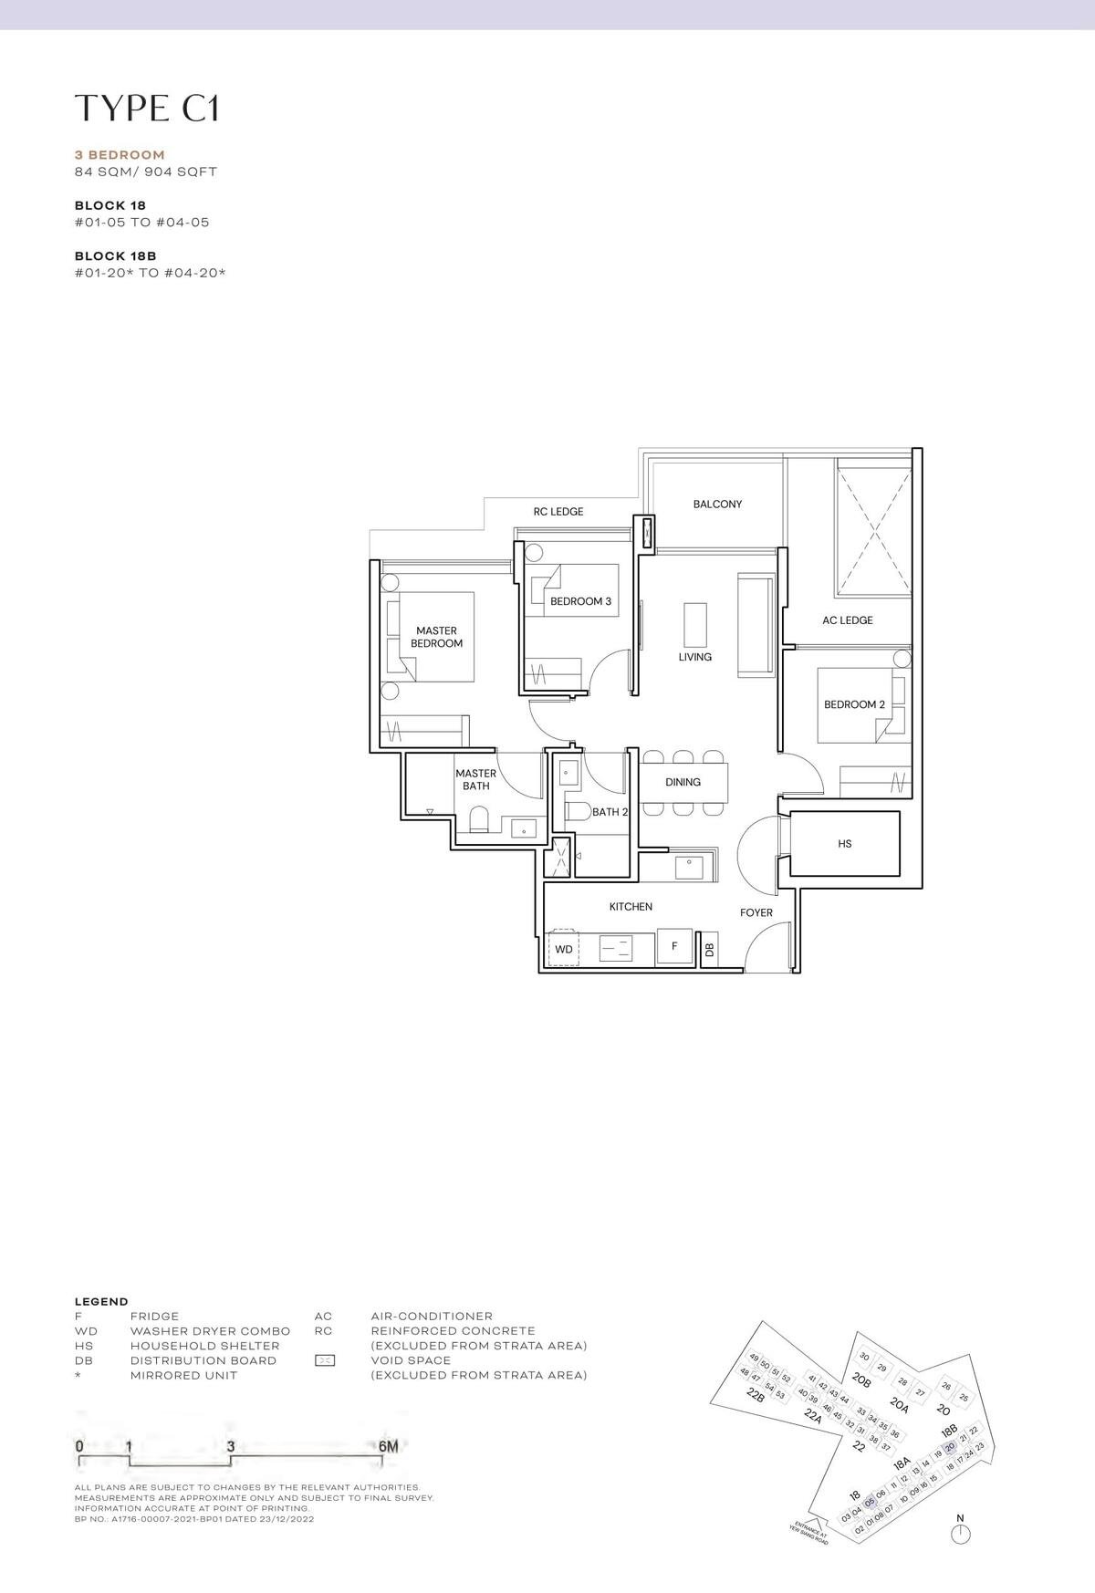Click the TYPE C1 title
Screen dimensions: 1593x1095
(147, 108)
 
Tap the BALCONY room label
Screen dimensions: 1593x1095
(717, 504)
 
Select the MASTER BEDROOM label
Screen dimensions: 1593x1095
(436, 637)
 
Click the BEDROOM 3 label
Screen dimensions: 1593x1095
(580, 601)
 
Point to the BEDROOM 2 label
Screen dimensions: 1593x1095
(854, 704)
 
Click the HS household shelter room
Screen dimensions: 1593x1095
(844, 844)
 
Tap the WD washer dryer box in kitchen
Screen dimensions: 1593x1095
(564, 949)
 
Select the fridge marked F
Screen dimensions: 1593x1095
(674, 946)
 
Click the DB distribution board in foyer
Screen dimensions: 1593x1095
(710, 950)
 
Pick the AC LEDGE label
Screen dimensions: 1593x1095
(847, 620)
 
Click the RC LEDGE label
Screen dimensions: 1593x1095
(558, 512)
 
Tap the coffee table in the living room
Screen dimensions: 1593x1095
(695, 625)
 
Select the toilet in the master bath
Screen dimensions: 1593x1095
(478, 821)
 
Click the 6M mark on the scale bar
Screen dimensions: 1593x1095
(387, 1446)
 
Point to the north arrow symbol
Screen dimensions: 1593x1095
(959, 1534)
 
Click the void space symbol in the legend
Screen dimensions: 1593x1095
(324, 1360)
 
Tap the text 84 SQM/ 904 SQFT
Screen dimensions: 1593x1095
(146, 172)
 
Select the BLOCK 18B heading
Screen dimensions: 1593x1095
(110, 256)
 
